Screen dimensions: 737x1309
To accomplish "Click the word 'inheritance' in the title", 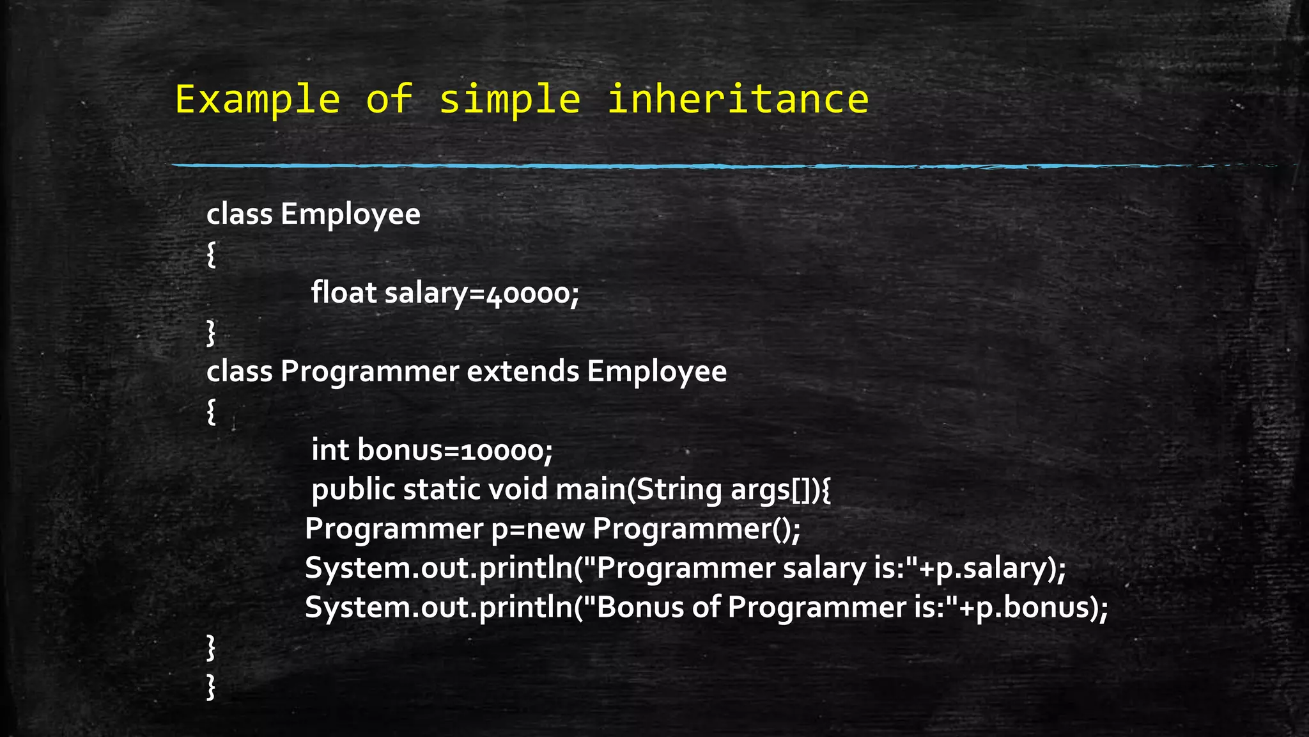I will click(x=738, y=100).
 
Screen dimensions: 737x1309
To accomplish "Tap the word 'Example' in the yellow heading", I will click(x=258, y=100).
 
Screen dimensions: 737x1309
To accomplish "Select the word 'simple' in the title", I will click(x=510, y=100).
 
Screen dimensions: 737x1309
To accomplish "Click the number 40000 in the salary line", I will click(x=528, y=294).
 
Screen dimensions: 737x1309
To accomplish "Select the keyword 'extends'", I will click(x=523, y=371).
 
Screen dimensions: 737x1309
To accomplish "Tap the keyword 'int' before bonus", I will click(x=330, y=450).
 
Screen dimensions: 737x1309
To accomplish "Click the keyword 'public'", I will click(x=353, y=490).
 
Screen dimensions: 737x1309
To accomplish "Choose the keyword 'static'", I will click(x=442, y=489).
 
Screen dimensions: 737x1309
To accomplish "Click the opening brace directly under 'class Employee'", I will click(x=212, y=254).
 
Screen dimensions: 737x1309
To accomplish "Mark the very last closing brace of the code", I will click(x=212, y=687).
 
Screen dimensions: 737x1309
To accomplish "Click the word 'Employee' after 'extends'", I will click(x=656, y=371).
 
